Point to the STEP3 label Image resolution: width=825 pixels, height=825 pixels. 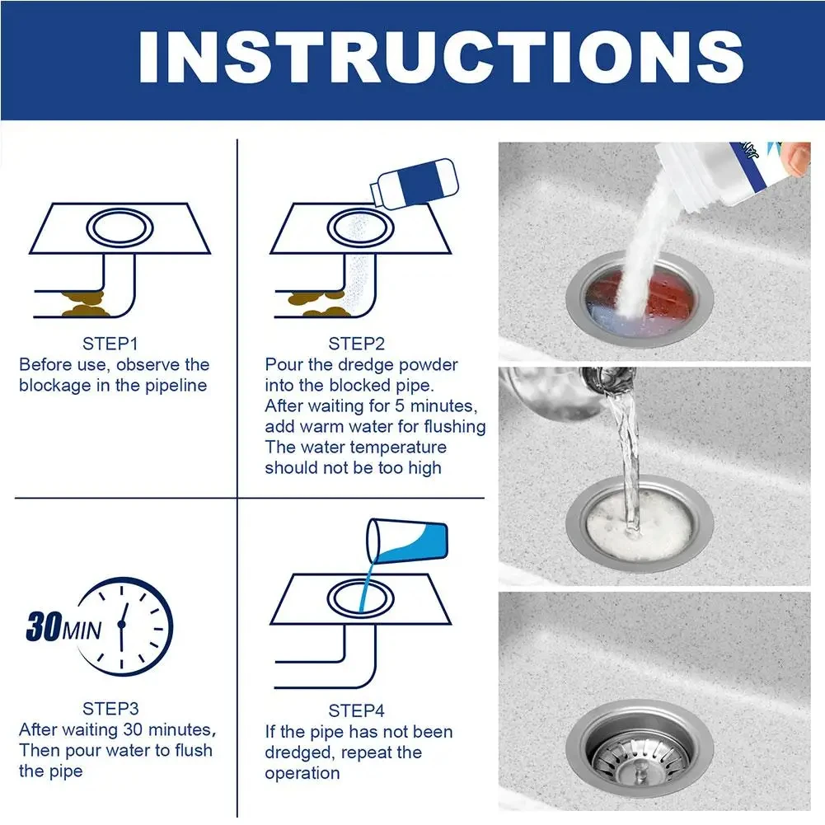[110, 709]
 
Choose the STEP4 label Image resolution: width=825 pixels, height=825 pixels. [357, 710]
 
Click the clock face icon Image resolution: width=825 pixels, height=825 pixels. [128, 626]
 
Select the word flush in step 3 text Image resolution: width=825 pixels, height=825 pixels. [190, 751]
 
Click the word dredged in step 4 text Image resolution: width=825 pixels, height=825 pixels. [301, 752]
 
